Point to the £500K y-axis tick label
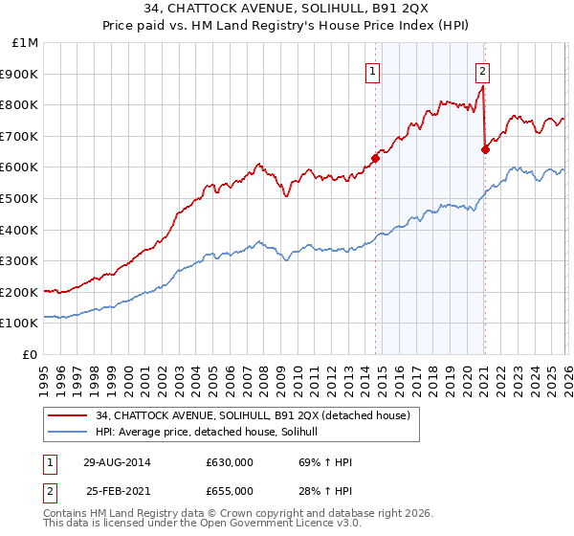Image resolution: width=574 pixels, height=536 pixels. pos(20,199)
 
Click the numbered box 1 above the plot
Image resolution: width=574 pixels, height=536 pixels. pos(373,70)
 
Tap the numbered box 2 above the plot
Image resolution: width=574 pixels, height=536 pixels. pos(483,70)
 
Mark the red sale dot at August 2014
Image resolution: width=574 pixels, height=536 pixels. pos(375,158)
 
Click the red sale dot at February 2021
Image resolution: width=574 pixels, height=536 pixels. pos(485,149)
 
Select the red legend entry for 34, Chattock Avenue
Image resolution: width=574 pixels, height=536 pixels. pos(253,415)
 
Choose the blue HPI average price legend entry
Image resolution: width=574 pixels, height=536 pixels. pos(212,433)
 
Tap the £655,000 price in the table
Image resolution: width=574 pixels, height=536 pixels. pos(230,491)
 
